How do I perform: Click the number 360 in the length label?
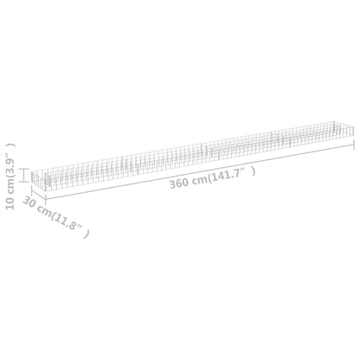(180, 183)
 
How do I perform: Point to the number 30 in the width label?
(29, 202)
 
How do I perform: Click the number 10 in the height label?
(10, 203)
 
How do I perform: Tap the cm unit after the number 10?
(10, 186)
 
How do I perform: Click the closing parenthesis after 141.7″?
(254, 171)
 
